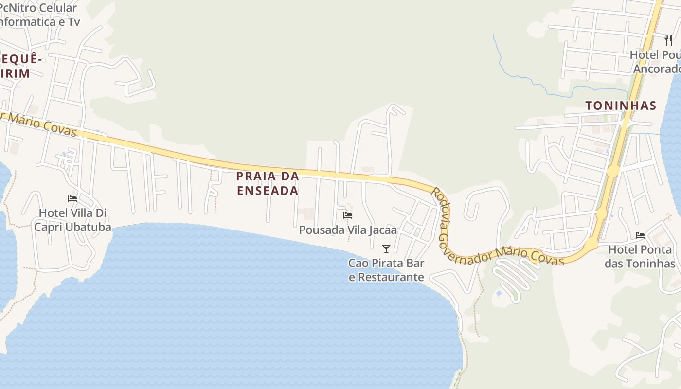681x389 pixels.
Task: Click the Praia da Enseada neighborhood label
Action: (x=268, y=183)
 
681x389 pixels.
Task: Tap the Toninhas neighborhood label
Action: (x=621, y=106)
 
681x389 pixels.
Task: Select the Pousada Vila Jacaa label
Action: (x=348, y=230)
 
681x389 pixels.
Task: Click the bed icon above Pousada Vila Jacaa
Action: (x=348, y=215)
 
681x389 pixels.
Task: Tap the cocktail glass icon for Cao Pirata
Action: (x=386, y=249)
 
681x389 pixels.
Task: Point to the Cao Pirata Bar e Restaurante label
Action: (x=386, y=270)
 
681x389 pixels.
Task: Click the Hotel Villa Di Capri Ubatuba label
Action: (x=72, y=220)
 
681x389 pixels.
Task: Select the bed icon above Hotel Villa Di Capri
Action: (x=72, y=198)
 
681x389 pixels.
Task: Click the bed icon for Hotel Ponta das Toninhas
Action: (x=640, y=235)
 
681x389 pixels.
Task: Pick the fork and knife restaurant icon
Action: (x=668, y=40)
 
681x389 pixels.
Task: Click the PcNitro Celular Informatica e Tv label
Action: (x=39, y=15)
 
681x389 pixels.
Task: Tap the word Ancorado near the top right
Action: (x=657, y=69)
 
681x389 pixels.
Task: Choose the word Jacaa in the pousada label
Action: (x=382, y=230)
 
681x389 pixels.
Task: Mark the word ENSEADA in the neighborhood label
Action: (x=268, y=191)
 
